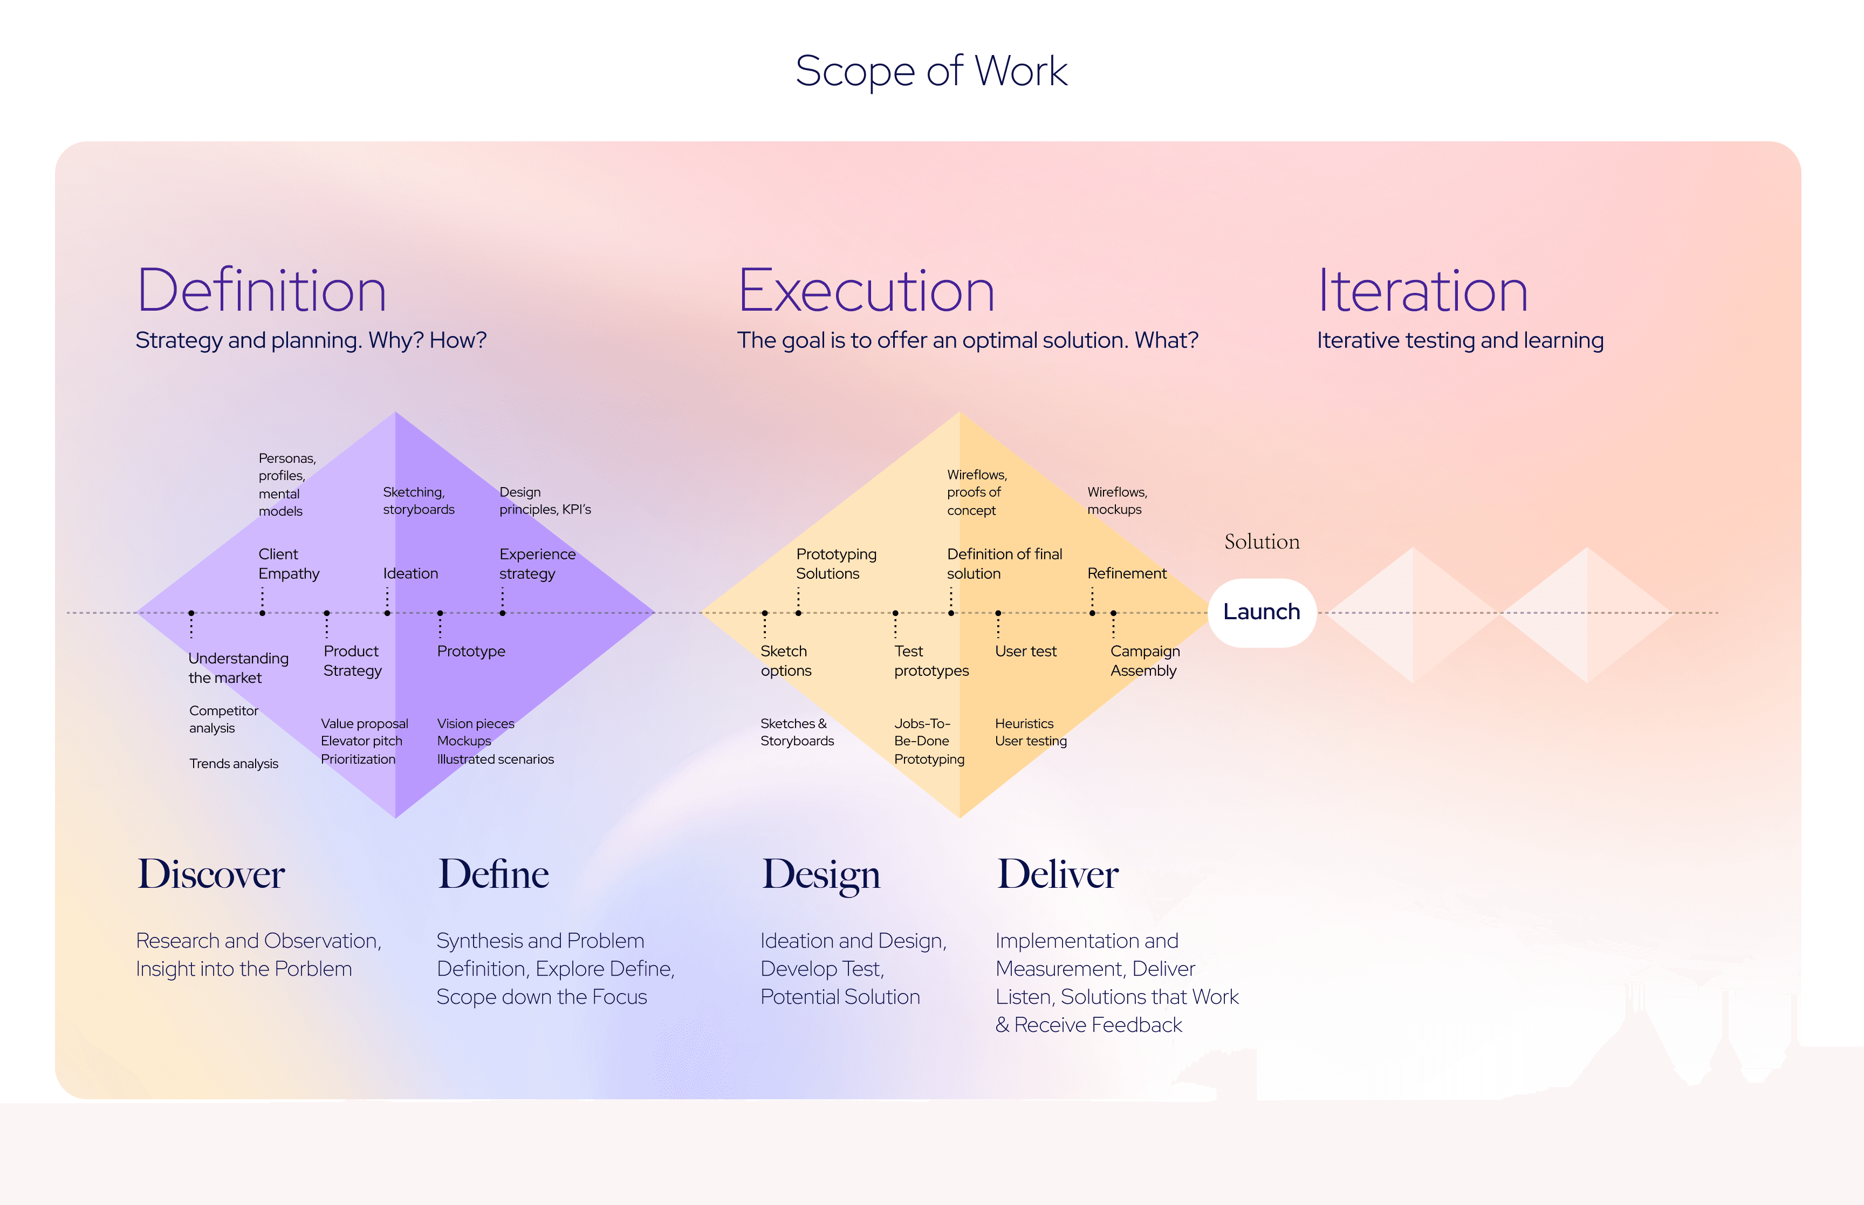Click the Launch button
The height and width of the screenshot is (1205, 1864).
point(1261,612)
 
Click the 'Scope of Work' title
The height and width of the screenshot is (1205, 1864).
point(931,71)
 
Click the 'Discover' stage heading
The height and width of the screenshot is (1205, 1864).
point(211,873)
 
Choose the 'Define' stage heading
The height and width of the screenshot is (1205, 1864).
point(494,873)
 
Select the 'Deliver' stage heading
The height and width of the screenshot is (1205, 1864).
point(1058,873)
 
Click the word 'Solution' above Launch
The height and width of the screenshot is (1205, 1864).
point(1262,542)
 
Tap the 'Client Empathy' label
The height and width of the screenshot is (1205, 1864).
point(289,563)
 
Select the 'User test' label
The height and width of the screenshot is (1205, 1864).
point(1025,651)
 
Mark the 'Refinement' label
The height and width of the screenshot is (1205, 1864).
point(1126,573)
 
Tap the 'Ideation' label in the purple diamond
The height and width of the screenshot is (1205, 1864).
point(410,573)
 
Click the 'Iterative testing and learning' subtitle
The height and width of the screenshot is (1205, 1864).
point(1459,340)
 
